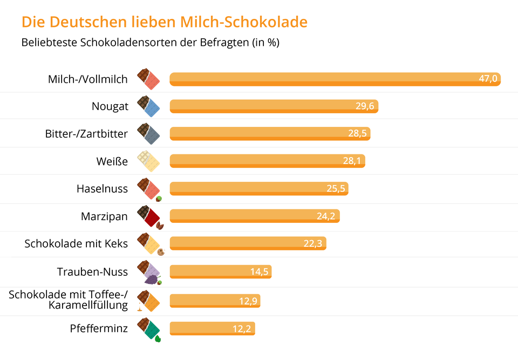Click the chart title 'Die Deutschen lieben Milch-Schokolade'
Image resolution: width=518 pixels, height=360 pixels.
point(164,22)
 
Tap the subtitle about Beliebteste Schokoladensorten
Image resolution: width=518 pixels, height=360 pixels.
point(150,43)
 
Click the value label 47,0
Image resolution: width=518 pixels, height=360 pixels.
point(488,79)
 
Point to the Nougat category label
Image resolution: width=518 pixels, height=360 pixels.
point(110,106)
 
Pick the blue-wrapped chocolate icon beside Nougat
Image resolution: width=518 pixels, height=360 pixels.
point(149,106)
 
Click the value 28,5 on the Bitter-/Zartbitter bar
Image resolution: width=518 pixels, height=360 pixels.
point(357,133)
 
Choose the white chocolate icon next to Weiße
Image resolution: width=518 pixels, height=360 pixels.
point(148,161)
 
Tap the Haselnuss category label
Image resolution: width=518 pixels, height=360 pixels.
point(103,188)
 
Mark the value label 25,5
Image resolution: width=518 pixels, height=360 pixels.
point(335,188)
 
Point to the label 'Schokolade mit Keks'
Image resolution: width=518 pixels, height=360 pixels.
point(76,243)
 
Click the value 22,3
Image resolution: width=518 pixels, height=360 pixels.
point(312,243)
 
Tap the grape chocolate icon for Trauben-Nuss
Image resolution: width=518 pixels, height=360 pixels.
point(149,272)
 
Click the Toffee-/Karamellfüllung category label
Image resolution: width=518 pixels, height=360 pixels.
point(69,300)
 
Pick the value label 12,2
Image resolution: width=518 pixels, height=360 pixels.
point(242,328)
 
